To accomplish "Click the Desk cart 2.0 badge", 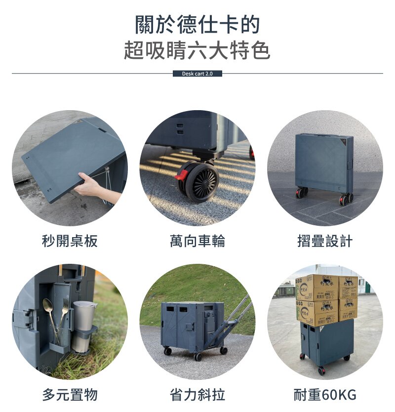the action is click(x=197, y=74).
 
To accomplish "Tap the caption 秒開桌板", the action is click(x=70, y=241).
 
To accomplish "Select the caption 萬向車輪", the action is click(x=197, y=241).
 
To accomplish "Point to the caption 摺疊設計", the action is click(x=325, y=241).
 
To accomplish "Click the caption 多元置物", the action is click(x=70, y=395).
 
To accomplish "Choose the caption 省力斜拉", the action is click(x=197, y=395).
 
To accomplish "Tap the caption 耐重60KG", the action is click(x=325, y=395).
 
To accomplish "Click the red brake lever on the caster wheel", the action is click(x=182, y=174).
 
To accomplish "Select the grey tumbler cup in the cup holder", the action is click(x=83, y=327).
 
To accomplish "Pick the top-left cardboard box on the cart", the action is click(x=317, y=288).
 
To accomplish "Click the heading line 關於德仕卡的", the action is click(x=197, y=25).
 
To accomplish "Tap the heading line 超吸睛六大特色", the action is click(x=197, y=50).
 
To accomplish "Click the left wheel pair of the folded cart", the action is click(x=302, y=192).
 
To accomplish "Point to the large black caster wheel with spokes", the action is click(x=202, y=181).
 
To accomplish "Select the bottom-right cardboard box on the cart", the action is click(x=348, y=309).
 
